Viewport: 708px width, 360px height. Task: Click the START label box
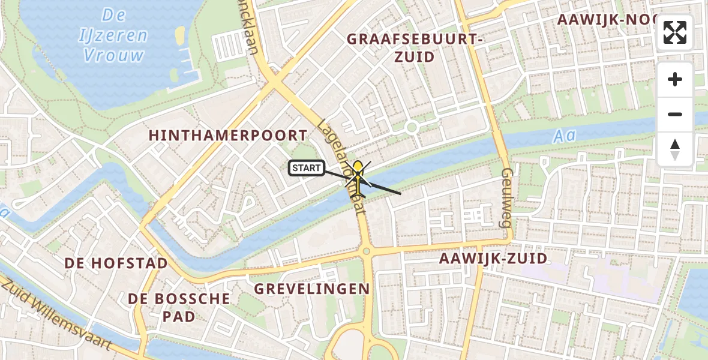[x=307, y=168]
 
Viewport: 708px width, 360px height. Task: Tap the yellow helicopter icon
[x=358, y=178]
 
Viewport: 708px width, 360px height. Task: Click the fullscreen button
[x=675, y=32]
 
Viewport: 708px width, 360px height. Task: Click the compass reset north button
[x=675, y=149]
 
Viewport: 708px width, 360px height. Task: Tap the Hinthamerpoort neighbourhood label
[x=228, y=136]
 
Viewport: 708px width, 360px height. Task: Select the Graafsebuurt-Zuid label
[x=415, y=47]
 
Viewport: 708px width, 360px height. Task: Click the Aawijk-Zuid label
[x=493, y=259]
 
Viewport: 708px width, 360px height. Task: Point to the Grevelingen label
[x=312, y=289]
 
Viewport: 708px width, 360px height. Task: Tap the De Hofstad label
[x=116, y=263]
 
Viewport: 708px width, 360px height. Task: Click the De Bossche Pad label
[x=179, y=307]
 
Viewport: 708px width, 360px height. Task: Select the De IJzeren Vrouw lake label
[x=113, y=35]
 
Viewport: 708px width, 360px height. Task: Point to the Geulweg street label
[x=506, y=197]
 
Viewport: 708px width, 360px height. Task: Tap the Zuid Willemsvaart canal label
[x=58, y=315]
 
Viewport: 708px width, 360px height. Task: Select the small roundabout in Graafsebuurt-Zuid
[x=411, y=127]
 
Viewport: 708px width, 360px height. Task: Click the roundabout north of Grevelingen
[x=366, y=250]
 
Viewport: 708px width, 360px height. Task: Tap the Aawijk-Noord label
[x=606, y=20]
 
